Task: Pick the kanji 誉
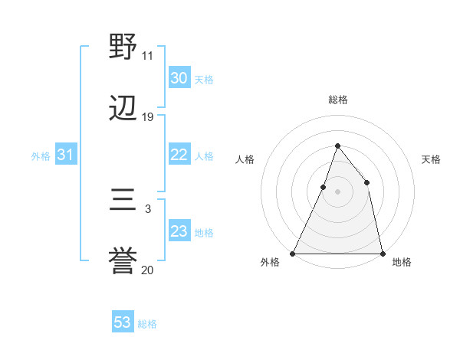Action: [x=123, y=262]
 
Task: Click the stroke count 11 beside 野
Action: [x=147, y=55]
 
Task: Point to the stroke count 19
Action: [x=148, y=117]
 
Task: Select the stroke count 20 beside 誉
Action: [x=148, y=270]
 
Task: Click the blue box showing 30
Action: [x=179, y=78]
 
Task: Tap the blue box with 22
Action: [x=179, y=155]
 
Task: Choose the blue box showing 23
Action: [x=179, y=231]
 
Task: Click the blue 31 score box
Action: [x=66, y=155]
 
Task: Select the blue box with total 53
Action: [x=123, y=322]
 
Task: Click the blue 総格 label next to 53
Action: [x=148, y=324]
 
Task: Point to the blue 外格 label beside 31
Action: [x=41, y=156]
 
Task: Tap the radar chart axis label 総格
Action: [x=338, y=100]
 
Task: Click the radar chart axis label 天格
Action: [x=432, y=159]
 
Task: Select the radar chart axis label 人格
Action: [x=245, y=159]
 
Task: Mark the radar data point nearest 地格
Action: [x=382, y=253]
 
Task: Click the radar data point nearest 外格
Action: [x=293, y=253]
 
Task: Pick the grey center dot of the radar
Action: [x=337, y=191]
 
